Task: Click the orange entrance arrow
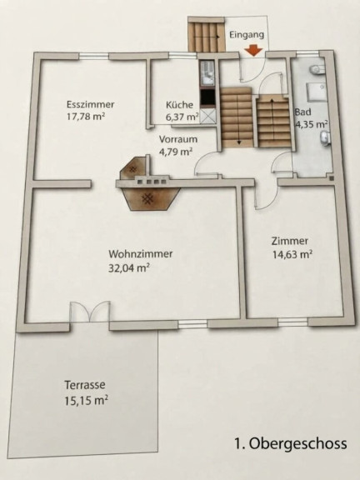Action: pyautogui.click(x=254, y=51)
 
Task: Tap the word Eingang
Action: pyautogui.click(x=247, y=35)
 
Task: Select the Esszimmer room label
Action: pyautogui.click(x=90, y=104)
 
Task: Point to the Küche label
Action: pyautogui.click(x=180, y=105)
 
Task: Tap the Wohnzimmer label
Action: pyautogui.click(x=141, y=254)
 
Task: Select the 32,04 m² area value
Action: pyautogui.click(x=129, y=267)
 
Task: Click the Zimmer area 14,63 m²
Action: pyautogui.click(x=292, y=254)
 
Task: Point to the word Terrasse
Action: pyautogui.click(x=85, y=385)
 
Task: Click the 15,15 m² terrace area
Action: pyautogui.click(x=87, y=400)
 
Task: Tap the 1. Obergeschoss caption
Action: pyautogui.click(x=291, y=443)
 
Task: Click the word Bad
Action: pyautogui.click(x=302, y=112)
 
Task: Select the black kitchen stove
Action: pyautogui.click(x=207, y=97)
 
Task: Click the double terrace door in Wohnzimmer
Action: pyautogui.click(x=90, y=312)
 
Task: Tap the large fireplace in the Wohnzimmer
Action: pyautogui.click(x=149, y=199)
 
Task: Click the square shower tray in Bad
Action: pyautogui.click(x=315, y=92)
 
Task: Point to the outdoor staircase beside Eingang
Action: pyautogui.click(x=207, y=36)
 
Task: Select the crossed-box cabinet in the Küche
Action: pyautogui.click(x=207, y=117)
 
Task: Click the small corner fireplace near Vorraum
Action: pyautogui.click(x=135, y=169)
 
